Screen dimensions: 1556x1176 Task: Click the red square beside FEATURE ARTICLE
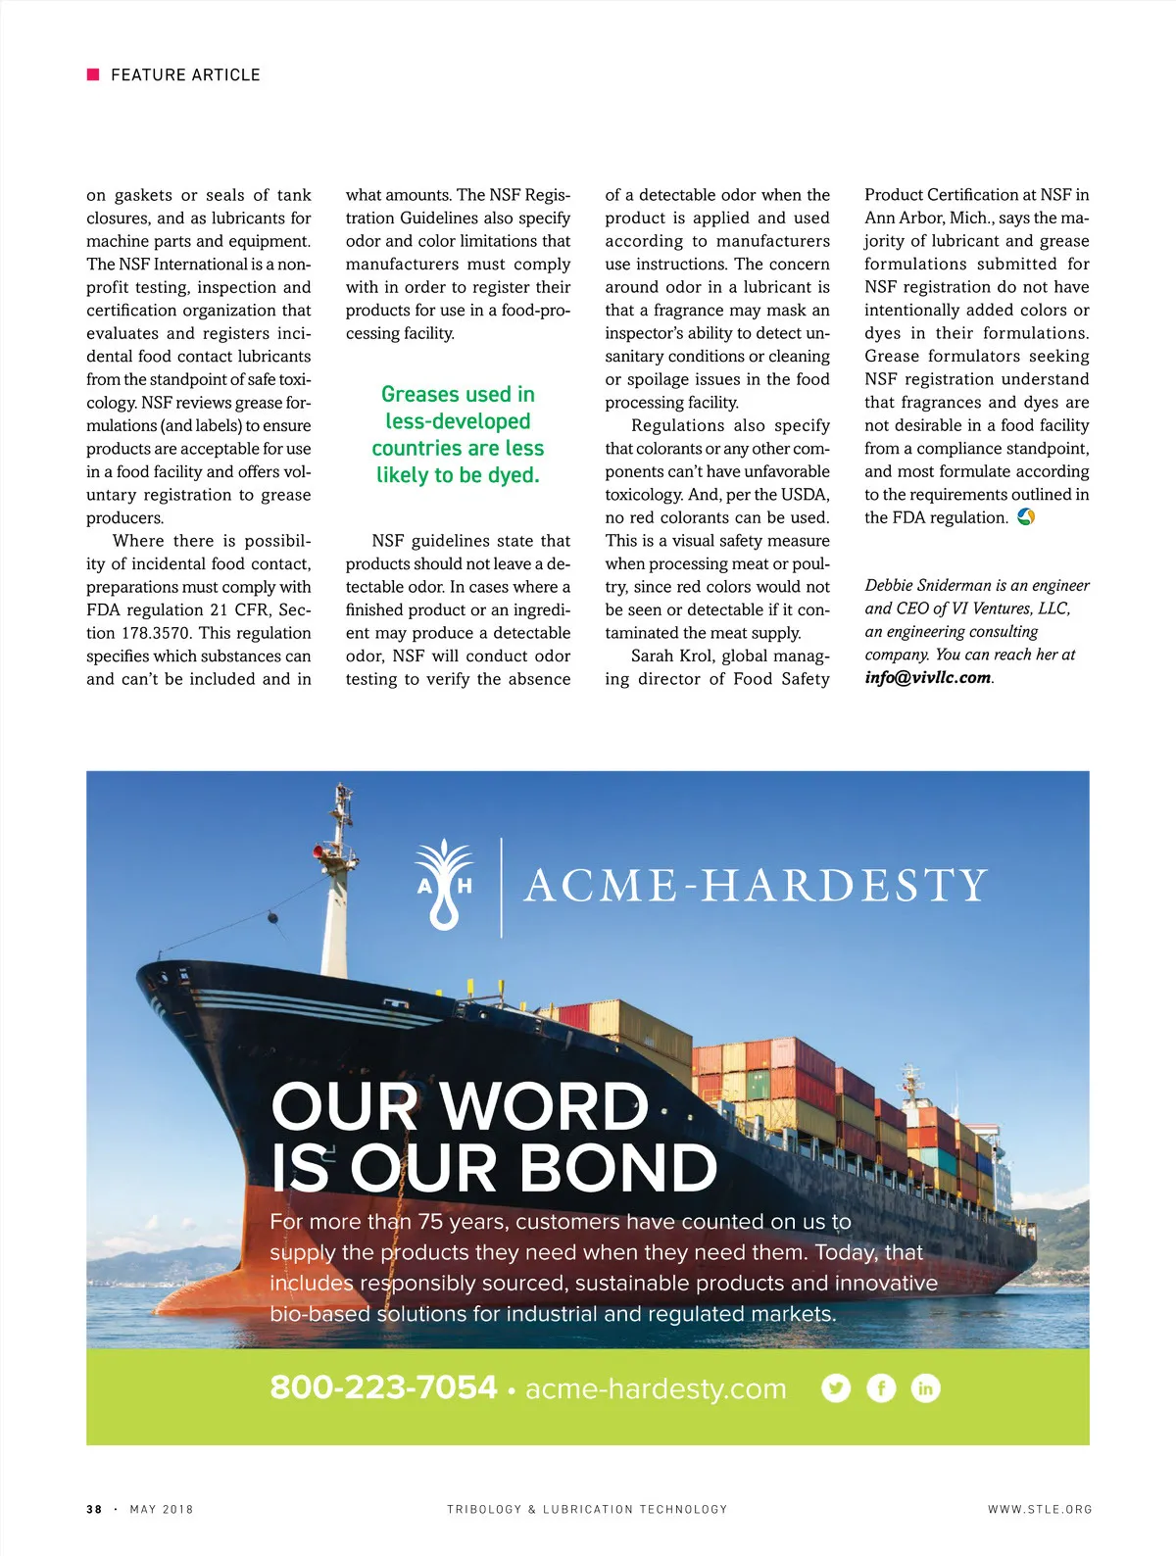93,74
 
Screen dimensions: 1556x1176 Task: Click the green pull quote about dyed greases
458,434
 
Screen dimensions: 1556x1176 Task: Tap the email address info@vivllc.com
927,677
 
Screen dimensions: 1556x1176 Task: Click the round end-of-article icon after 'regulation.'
1026,516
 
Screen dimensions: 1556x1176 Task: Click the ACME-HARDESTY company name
756,886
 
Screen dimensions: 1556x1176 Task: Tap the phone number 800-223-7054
383,1387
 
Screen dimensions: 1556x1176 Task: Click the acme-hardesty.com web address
656,1388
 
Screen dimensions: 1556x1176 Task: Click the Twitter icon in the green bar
836,1387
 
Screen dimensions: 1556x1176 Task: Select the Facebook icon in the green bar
881,1387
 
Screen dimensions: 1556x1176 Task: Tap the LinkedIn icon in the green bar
925,1387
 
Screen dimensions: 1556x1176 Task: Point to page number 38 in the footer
94,1509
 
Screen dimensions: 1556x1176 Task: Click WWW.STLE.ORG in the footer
1040,1509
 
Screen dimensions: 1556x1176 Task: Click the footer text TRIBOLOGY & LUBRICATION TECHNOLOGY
587,1509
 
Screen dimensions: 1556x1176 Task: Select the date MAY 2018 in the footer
162,1509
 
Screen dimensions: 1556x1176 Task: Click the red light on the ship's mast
320,853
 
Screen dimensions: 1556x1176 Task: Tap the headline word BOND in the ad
617,1168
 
